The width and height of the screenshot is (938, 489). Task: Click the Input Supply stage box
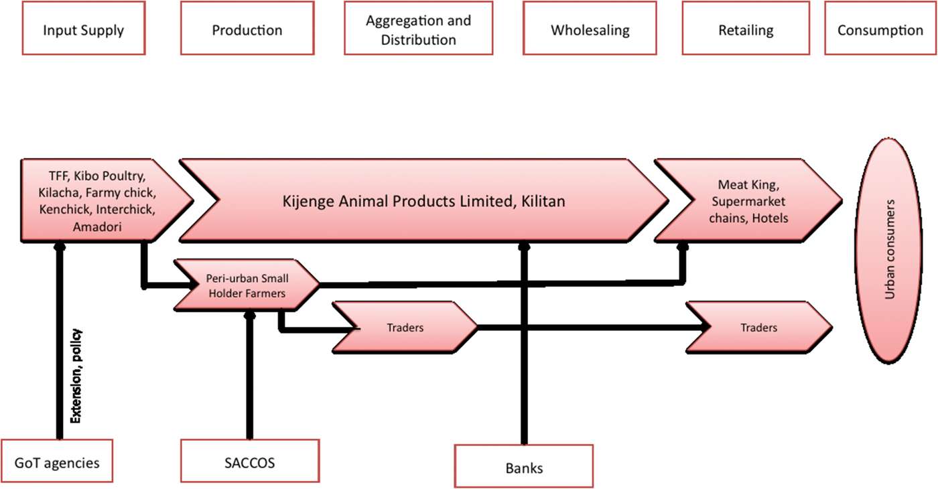84,31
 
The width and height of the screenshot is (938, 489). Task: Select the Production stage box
247,31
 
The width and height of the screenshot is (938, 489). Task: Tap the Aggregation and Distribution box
418,31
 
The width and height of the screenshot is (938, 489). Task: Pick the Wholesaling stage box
590,31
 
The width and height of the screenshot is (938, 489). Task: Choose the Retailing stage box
746,31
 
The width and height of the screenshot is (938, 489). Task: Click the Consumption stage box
880,31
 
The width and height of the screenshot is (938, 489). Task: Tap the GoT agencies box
56,462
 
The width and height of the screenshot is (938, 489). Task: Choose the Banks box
523,468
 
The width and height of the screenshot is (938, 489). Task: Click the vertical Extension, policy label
76,375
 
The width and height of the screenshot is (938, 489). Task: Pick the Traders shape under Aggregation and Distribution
405,328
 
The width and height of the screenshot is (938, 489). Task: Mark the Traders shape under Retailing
758,328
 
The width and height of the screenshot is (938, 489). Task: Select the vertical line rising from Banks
525,348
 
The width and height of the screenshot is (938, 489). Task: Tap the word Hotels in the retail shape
770,217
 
